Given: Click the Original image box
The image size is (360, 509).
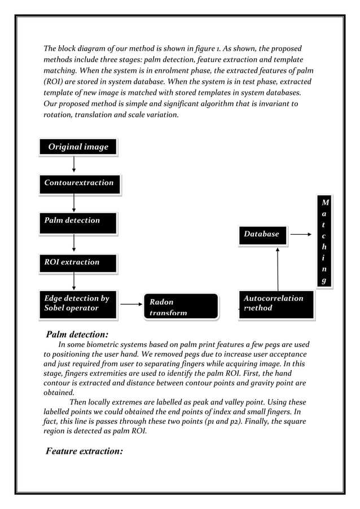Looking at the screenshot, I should tap(78, 147).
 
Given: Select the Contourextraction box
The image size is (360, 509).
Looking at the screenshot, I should tap(79, 183).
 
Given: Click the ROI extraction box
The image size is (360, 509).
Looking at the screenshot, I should tap(78, 263).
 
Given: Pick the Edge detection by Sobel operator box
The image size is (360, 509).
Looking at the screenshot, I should tap(78, 304).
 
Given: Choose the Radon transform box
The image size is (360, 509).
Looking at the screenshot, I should tap(181, 306).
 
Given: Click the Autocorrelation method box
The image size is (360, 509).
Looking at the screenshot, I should tap(276, 304).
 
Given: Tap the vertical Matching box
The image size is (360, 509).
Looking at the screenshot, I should tap(324, 242).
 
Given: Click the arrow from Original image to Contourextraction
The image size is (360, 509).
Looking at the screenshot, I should tap(74, 165).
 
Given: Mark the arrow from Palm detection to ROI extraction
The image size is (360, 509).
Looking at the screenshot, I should tap(74, 243).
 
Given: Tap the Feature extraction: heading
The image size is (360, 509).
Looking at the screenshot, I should tap(85, 451).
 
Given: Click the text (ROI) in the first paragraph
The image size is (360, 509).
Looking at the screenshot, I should tap(54, 82).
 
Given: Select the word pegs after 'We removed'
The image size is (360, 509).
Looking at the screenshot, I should tap(204, 355).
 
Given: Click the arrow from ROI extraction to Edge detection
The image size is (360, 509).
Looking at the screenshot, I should tap(74, 282).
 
